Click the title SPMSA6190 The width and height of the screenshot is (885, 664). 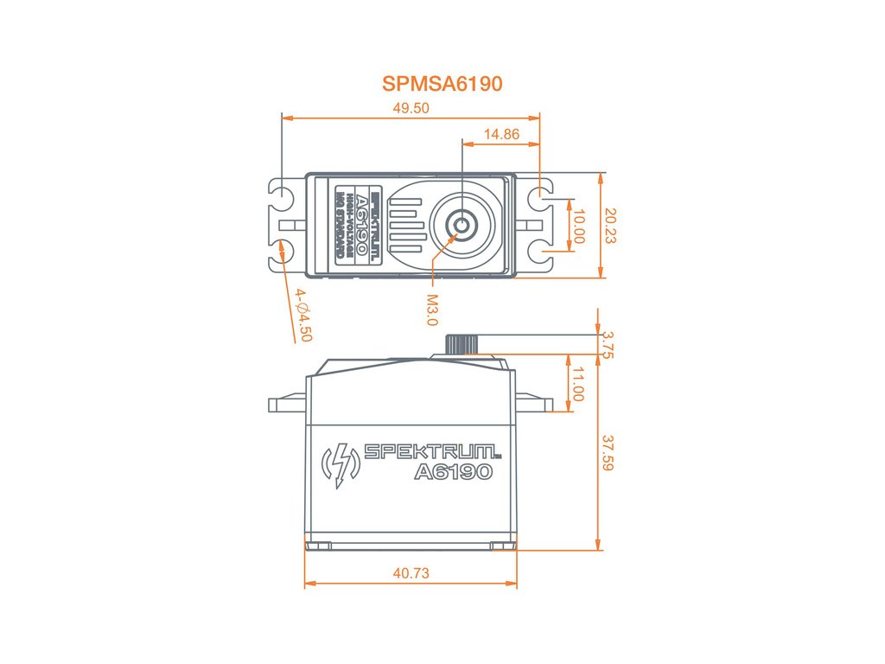click(x=442, y=84)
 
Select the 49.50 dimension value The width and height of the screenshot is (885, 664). click(x=411, y=108)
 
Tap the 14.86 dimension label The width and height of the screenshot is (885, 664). click(x=501, y=134)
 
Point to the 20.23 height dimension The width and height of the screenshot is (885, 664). click(x=611, y=225)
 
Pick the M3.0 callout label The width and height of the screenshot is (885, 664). click(x=432, y=310)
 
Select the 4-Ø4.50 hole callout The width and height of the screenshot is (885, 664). click(x=302, y=316)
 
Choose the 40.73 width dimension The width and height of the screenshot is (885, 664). click(x=411, y=573)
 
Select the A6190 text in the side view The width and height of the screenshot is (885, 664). click(x=453, y=472)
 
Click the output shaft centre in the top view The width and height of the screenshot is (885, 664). click(x=462, y=225)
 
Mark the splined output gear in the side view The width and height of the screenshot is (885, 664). click(x=462, y=343)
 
